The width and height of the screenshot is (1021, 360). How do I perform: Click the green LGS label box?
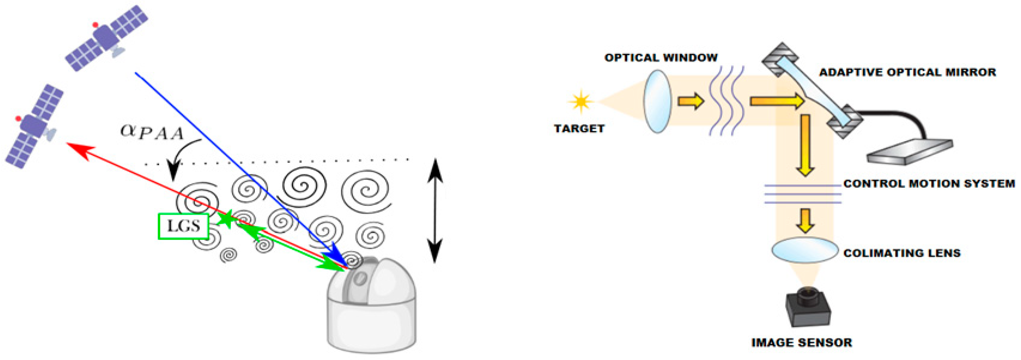click(183, 226)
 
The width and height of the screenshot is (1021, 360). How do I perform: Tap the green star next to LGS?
click(227, 218)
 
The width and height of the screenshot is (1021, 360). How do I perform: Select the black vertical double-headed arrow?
click(435, 210)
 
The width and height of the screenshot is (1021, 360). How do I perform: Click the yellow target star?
click(581, 102)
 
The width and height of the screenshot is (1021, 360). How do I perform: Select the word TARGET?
click(579, 129)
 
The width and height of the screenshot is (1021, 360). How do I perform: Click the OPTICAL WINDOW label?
click(661, 58)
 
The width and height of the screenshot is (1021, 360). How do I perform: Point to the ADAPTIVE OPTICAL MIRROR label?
click(908, 72)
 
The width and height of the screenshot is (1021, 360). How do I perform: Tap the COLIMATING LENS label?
click(902, 253)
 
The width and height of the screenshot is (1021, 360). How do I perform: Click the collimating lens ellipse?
click(804, 250)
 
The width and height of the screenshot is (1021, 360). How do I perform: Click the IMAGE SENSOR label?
click(801, 343)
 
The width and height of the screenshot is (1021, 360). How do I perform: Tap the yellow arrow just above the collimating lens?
click(805, 220)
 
